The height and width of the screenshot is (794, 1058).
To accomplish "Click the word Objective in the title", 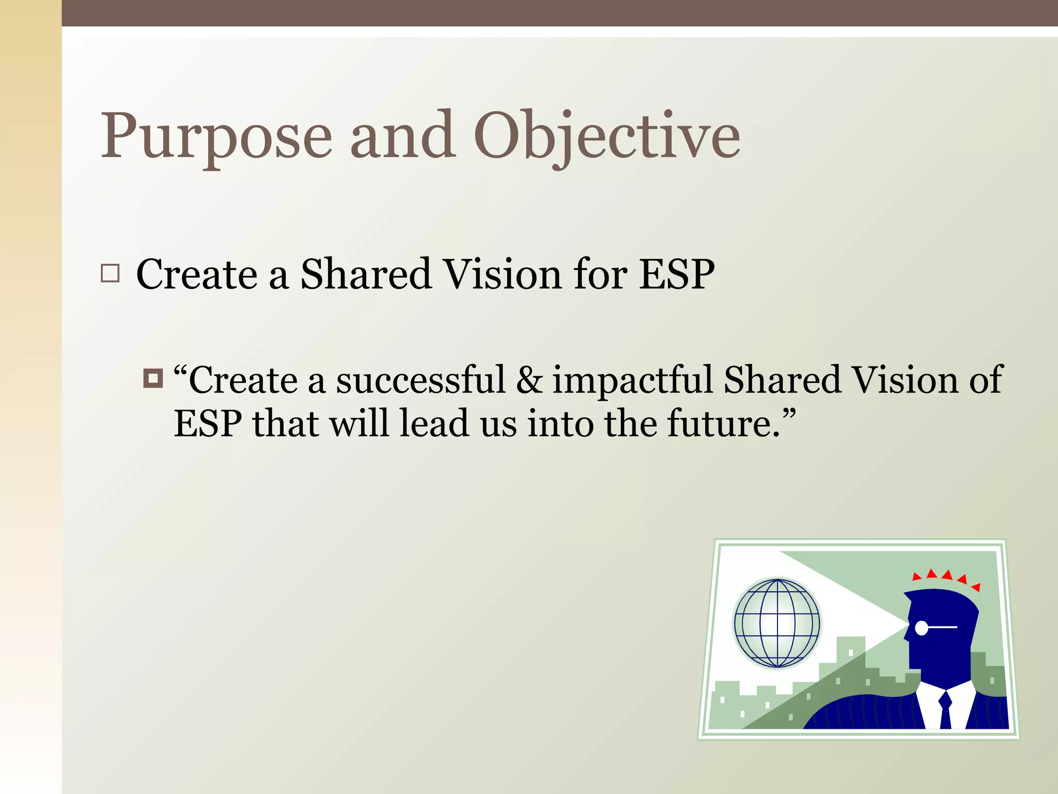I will [x=607, y=137].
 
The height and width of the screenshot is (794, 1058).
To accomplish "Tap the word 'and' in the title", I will [x=403, y=137].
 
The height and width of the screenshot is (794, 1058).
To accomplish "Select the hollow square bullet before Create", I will [x=110, y=273].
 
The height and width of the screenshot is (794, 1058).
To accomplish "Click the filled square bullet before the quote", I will [x=153, y=378].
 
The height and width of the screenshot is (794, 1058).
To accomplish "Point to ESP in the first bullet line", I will [x=677, y=274].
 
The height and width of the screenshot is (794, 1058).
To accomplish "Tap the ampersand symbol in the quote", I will [x=529, y=380].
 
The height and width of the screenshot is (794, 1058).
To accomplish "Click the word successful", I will [x=420, y=380].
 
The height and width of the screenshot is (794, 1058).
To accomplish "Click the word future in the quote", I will [x=723, y=423].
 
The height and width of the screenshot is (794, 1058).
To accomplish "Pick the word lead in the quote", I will [x=434, y=423].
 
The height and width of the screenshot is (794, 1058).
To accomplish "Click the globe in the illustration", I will [x=777, y=623].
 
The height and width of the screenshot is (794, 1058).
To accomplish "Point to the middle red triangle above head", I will [x=947, y=575].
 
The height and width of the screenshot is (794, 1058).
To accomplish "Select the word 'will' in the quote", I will [x=359, y=423].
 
